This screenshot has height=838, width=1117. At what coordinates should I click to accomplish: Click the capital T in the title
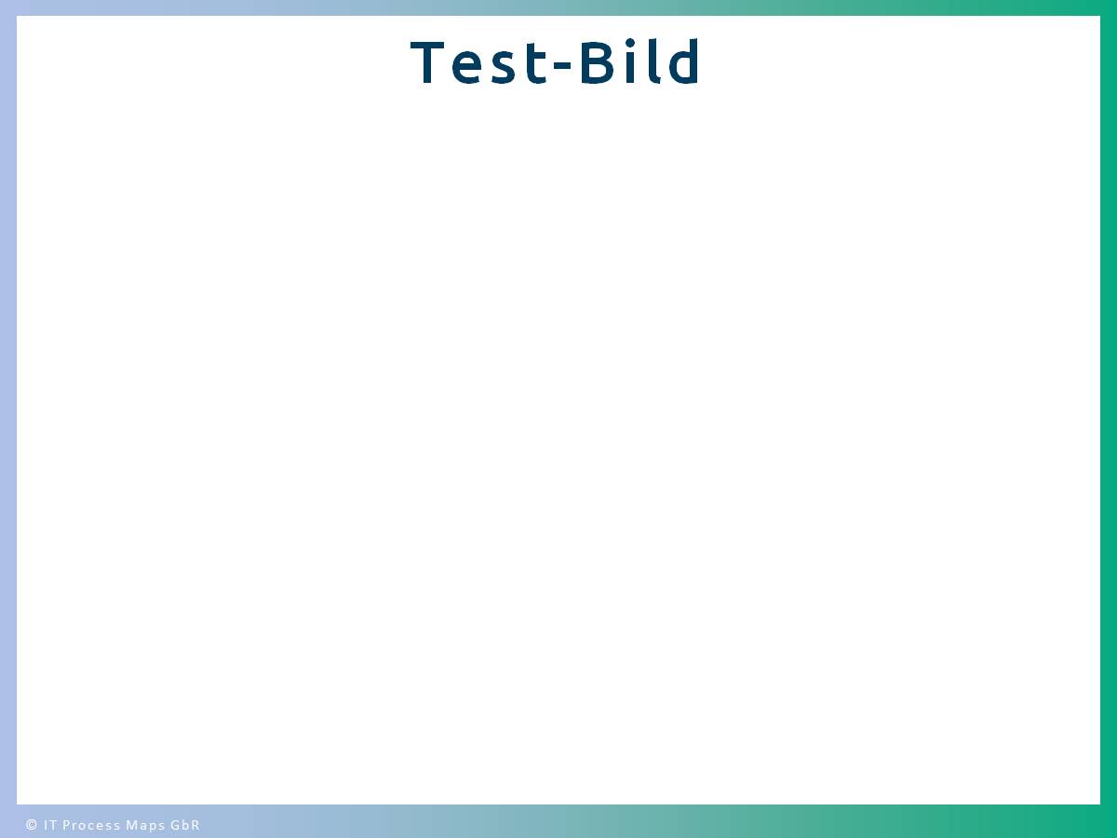click(x=427, y=62)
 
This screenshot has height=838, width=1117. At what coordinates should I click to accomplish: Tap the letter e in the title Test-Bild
click(x=466, y=67)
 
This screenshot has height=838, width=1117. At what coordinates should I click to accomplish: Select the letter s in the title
click(x=504, y=67)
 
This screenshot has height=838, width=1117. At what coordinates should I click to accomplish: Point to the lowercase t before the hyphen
click(x=536, y=64)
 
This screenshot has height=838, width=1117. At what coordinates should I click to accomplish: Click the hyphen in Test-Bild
click(x=562, y=64)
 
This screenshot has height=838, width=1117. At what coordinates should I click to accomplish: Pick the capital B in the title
click(x=598, y=62)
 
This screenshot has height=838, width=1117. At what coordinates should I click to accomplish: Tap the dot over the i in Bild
click(x=630, y=43)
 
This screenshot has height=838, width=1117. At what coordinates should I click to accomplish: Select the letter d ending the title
click(x=684, y=61)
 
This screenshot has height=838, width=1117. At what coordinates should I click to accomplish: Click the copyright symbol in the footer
click(x=32, y=824)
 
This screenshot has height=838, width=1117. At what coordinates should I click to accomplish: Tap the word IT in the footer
click(x=50, y=824)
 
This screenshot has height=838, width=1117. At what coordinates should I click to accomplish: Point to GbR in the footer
click(x=185, y=824)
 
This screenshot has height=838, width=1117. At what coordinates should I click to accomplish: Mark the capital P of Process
click(x=67, y=824)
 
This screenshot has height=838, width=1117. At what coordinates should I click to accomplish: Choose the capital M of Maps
click(x=131, y=824)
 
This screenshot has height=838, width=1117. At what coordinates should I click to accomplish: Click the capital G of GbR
click(x=175, y=824)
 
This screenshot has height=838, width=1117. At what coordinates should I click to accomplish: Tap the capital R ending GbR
click(x=195, y=824)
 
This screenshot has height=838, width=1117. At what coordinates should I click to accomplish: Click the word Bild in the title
click(x=640, y=61)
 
